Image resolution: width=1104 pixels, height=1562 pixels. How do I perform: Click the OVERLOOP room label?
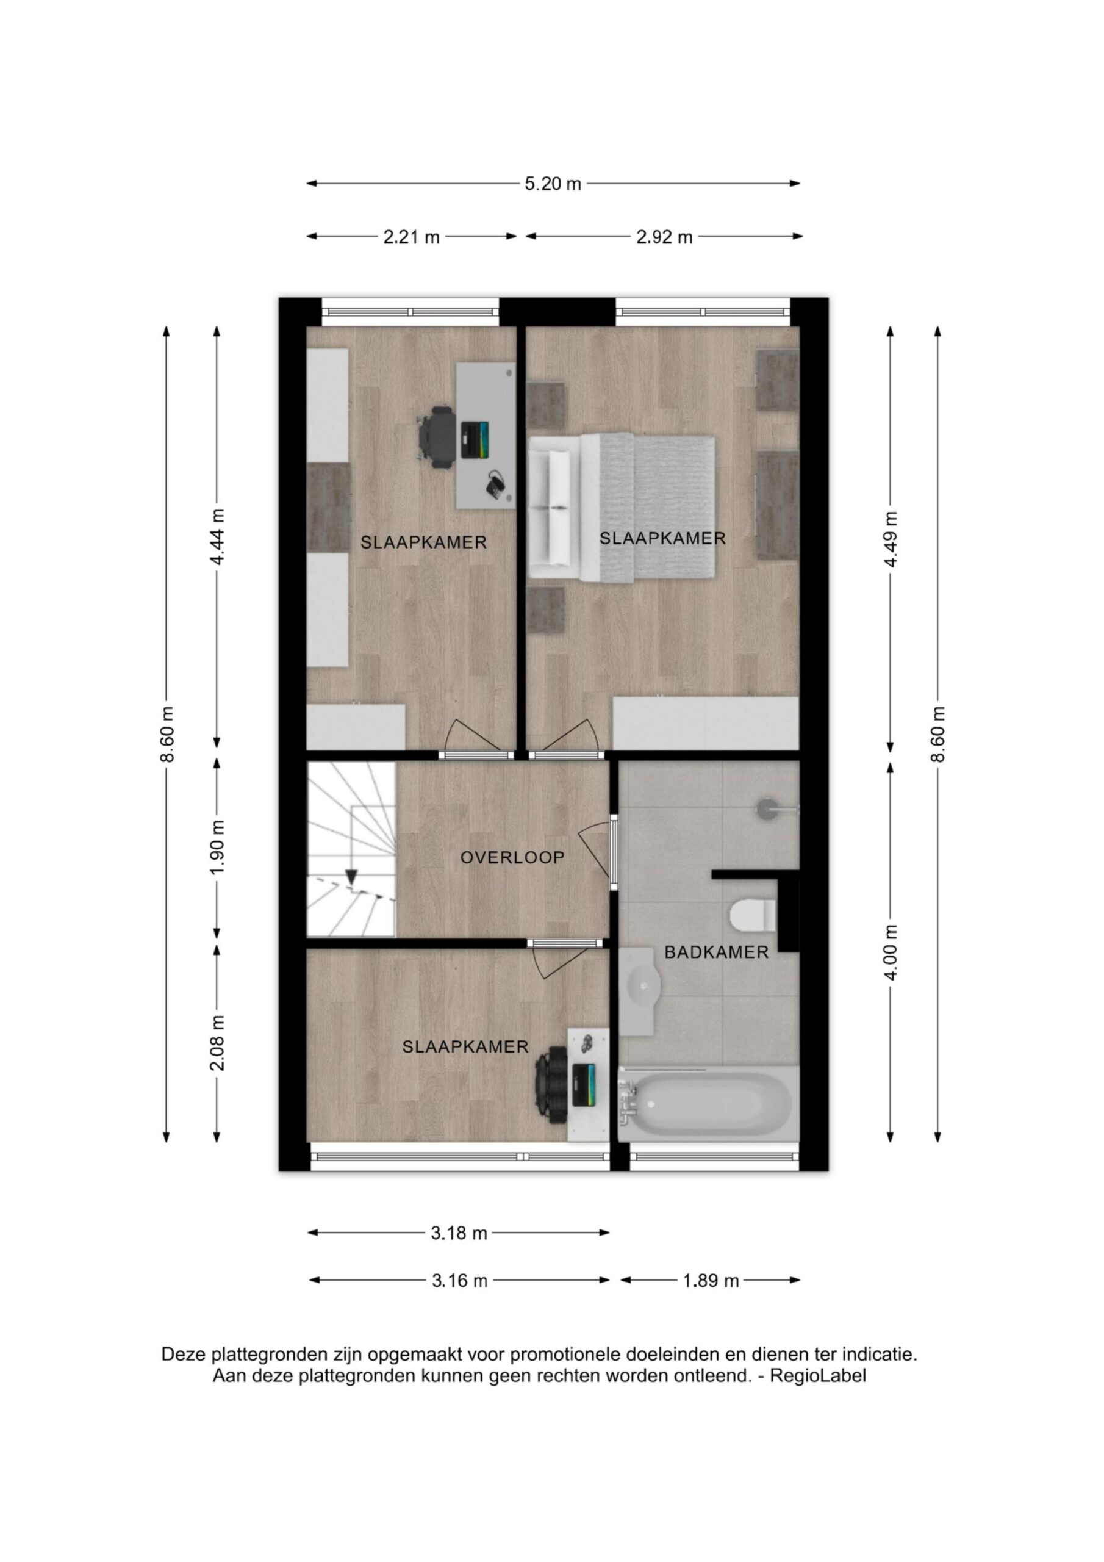pos(512,857)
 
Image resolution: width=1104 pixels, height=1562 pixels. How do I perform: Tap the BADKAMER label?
pos(716,952)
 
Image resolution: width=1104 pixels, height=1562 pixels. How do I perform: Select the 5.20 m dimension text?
pos(553,184)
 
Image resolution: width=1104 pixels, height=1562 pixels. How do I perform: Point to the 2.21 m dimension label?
pos(412,237)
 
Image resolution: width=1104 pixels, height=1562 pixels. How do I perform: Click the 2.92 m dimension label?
pos(664,237)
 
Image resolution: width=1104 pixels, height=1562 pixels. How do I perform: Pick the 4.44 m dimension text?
pos(217,537)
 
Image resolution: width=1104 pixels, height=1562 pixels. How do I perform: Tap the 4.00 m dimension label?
pos(891,952)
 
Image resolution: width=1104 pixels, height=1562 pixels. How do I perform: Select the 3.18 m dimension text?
pos(459,1233)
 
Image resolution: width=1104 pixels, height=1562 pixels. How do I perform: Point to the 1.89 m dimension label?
pos(711,1281)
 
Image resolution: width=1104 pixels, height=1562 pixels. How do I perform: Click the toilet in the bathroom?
pos(753,915)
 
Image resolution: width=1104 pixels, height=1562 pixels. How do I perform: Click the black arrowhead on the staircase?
pos(352,877)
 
